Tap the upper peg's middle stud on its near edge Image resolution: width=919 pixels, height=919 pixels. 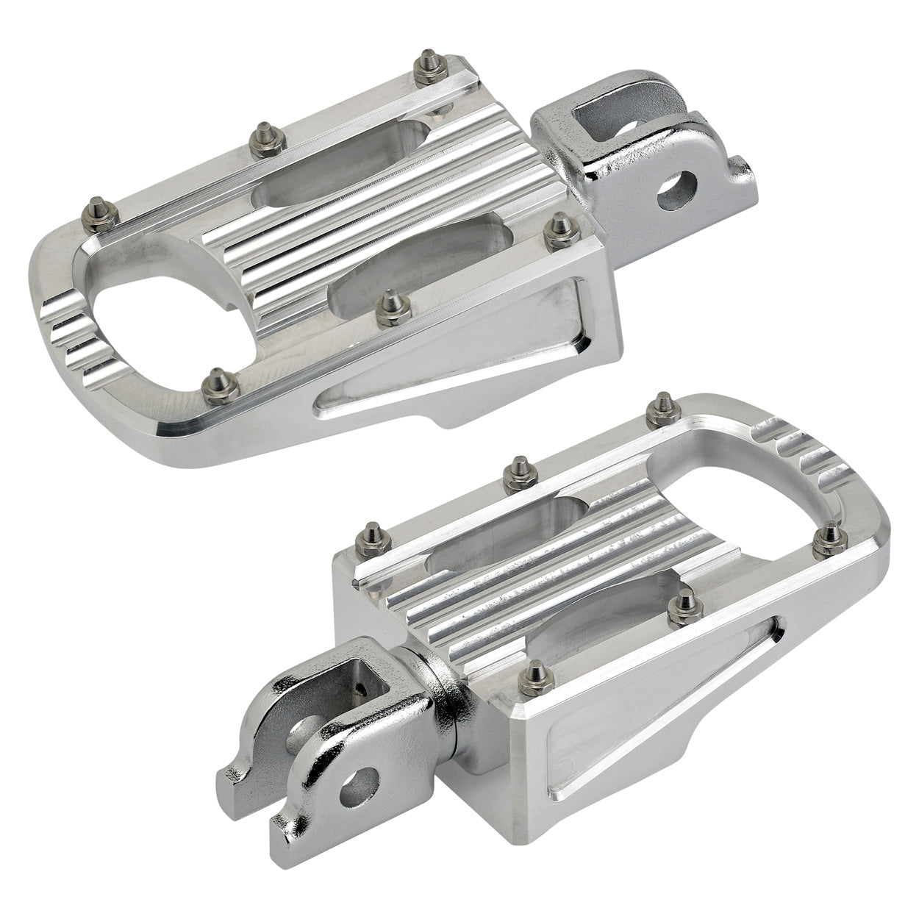pos(388,309)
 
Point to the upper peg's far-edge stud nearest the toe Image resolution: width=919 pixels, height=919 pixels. pos(98,212)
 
